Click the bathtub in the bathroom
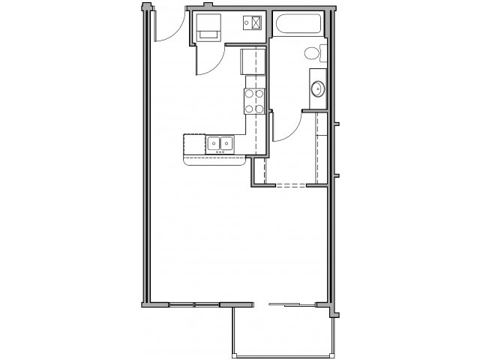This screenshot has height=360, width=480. [298, 25]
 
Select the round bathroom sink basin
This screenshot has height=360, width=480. [318, 88]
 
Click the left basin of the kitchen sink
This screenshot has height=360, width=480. [214, 142]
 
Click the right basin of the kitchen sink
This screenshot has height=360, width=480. [226, 142]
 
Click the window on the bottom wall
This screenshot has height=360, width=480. [193, 304]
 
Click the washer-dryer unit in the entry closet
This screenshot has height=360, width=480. [208, 28]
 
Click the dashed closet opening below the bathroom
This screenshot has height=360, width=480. [292, 185]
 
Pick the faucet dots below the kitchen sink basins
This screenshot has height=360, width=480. [220, 152]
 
